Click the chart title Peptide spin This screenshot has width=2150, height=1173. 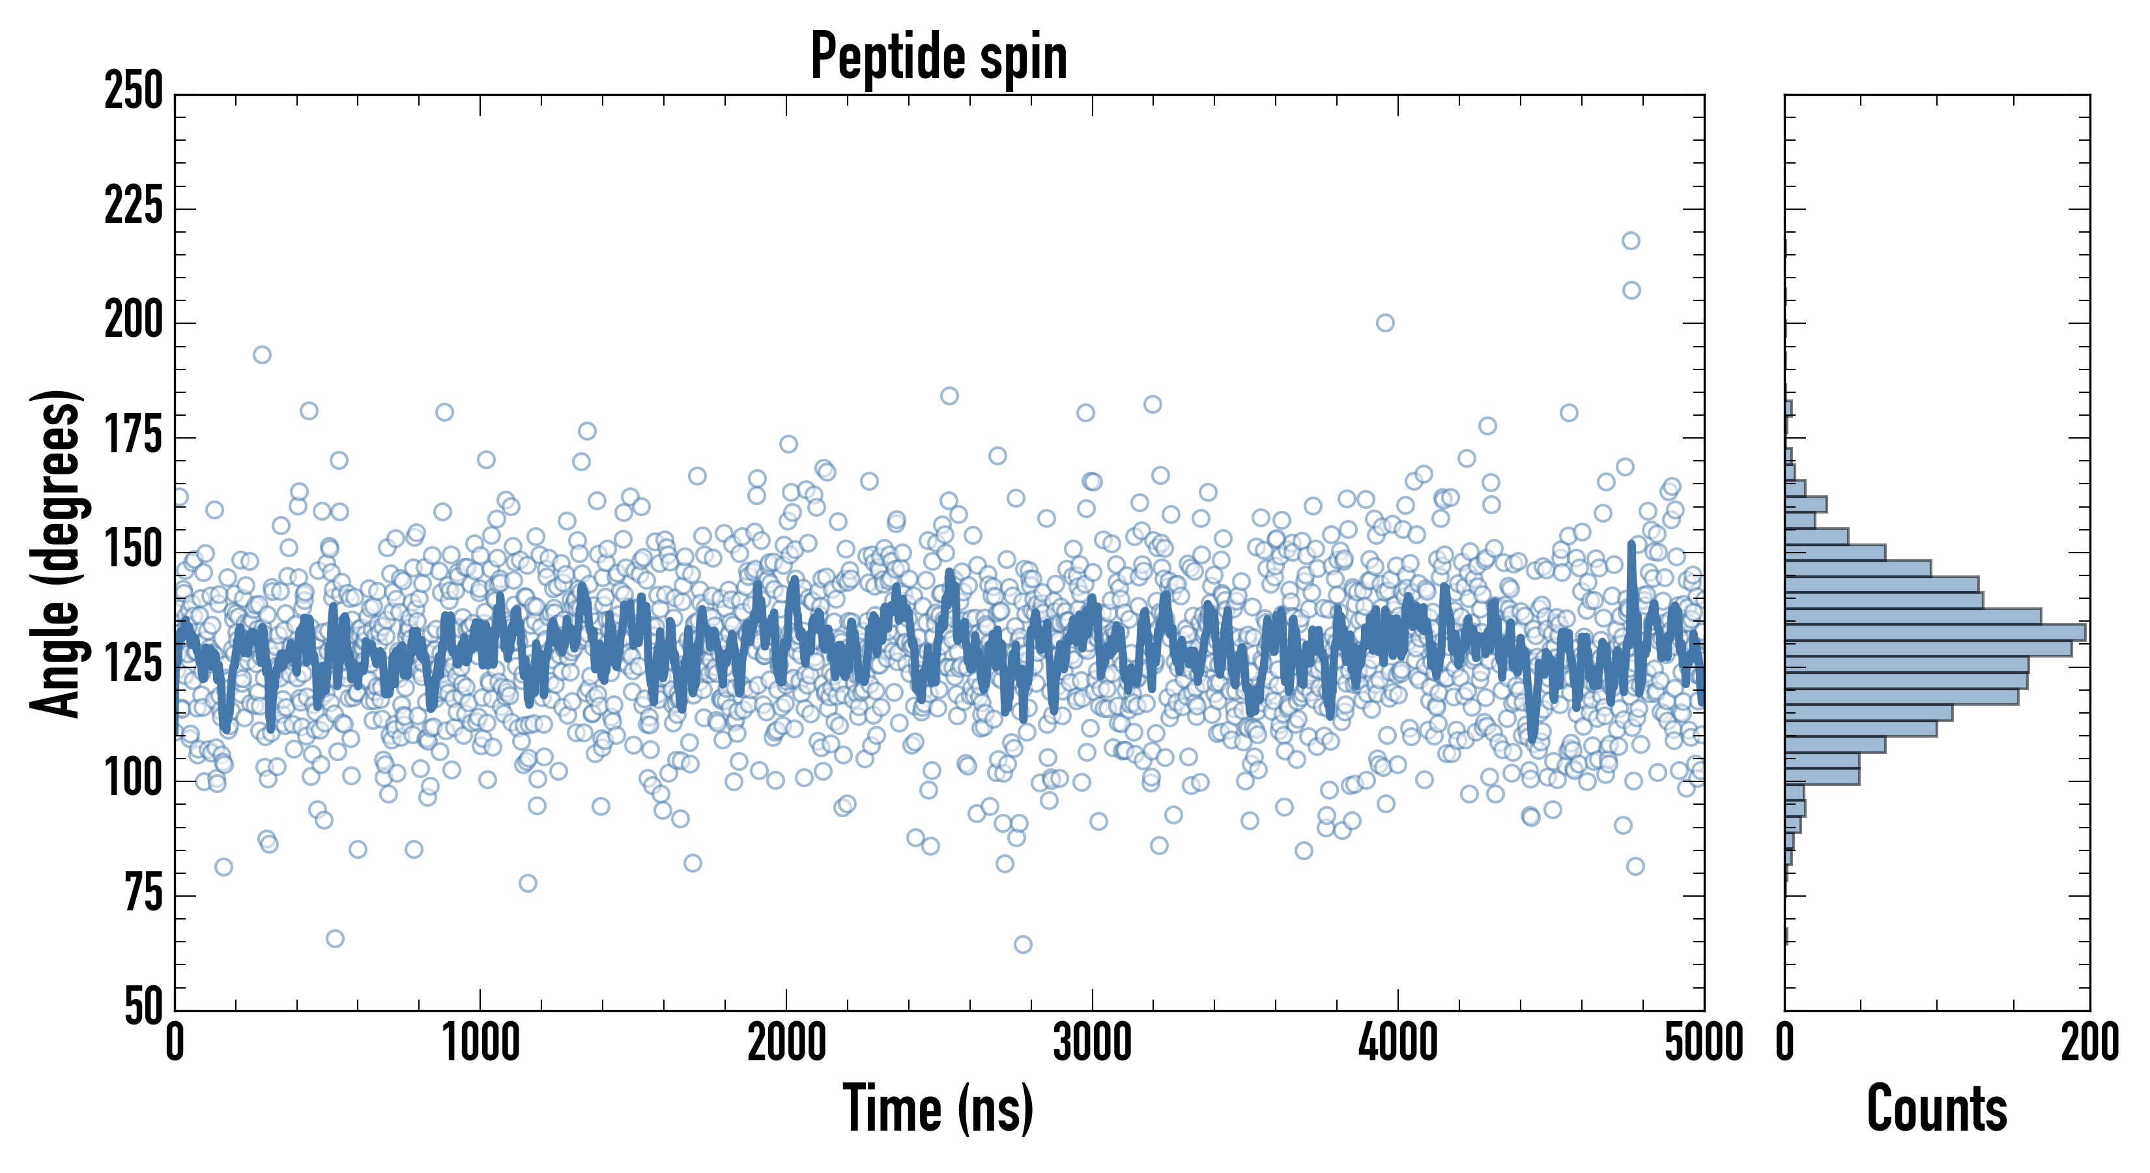939,57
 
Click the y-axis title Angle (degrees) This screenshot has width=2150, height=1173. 56,552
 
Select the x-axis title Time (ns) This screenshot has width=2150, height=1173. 939,1108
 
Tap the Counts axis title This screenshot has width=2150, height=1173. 1936,1108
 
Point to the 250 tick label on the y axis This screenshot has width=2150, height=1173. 134,92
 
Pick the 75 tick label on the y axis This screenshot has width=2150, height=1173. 143,893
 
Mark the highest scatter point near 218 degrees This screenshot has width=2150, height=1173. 1631,241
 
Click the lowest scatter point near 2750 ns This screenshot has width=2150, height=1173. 1022,944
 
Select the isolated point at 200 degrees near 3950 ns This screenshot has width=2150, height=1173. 1384,323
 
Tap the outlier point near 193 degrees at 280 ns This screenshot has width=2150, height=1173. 262,355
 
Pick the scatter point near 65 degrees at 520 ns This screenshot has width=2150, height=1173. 335,938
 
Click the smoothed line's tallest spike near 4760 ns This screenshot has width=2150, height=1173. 1631,544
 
